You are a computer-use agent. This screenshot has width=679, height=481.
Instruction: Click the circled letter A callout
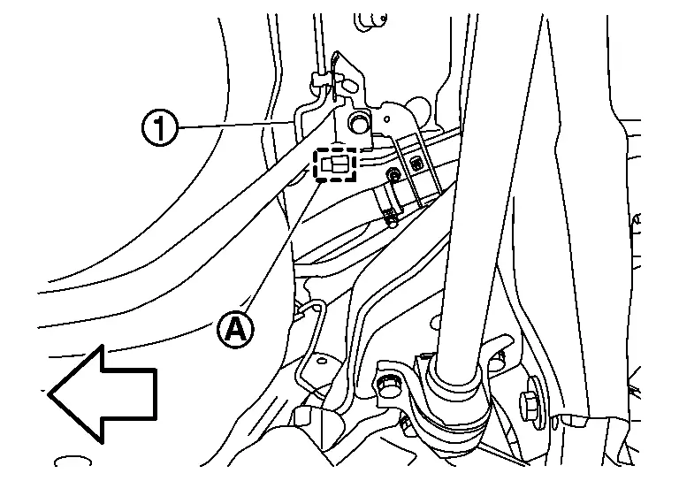pos(235,329)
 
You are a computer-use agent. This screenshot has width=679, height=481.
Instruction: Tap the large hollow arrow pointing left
pos(102,393)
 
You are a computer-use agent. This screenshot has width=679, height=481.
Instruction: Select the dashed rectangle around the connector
pos(337,164)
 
